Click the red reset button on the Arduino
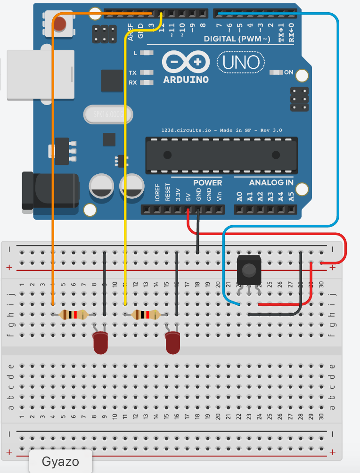point(60,24)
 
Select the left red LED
point(100,342)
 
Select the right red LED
point(173,342)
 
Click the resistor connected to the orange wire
point(73,315)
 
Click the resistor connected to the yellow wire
point(146,315)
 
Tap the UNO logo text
point(241,62)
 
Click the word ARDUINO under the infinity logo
point(186,80)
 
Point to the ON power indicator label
point(288,73)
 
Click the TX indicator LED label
point(133,73)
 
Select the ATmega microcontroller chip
point(221,155)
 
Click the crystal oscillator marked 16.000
point(107,114)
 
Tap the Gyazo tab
point(60,461)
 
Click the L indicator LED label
point(135,53)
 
